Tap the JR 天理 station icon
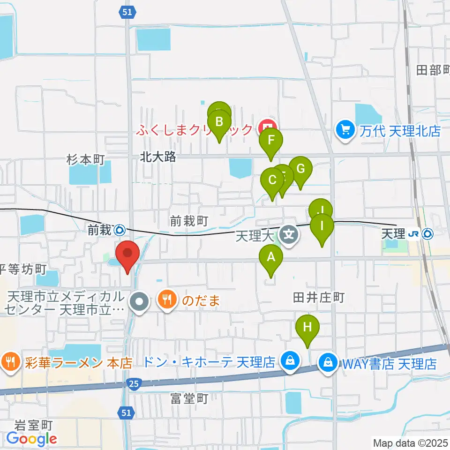(427, 233)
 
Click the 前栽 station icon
(120, 230)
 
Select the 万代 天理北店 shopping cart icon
(345, 129)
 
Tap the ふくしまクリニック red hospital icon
(268, 127)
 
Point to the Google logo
(32, 439)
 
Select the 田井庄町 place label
(319, 297)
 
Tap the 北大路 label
(158, 157)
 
